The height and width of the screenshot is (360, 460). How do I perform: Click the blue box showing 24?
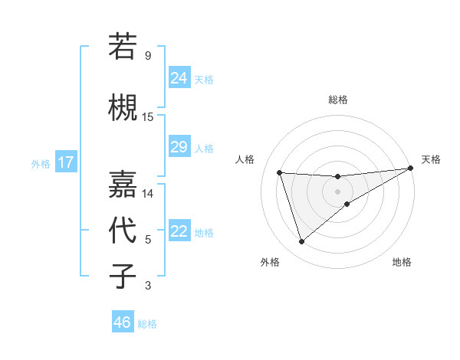tap(179, 78)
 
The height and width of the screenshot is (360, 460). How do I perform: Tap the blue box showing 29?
tap(179, 147)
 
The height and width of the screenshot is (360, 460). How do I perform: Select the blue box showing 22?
tap(179, 231)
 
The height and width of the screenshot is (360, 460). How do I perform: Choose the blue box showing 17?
tap(66, 162)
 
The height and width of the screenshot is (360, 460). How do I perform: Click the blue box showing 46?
tap(123, 322)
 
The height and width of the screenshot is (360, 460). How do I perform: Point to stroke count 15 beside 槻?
tap(148, 117)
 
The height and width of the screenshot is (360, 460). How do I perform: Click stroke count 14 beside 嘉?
tap(148, 194)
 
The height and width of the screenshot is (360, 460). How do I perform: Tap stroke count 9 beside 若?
tap(148, 56)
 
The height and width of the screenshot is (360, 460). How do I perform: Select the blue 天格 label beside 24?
tap(204, 79)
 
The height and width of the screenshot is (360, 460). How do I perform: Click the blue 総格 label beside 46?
tap(147, 324)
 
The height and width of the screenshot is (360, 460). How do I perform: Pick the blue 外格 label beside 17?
tap(41, 163)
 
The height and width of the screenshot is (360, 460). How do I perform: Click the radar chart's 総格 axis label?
tap(338, 100)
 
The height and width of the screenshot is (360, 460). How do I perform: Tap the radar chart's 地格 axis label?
tap(402, 263)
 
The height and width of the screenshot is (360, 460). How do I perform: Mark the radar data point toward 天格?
tap(411, 169)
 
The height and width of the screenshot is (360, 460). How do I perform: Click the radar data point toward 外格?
tap(301, 242)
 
